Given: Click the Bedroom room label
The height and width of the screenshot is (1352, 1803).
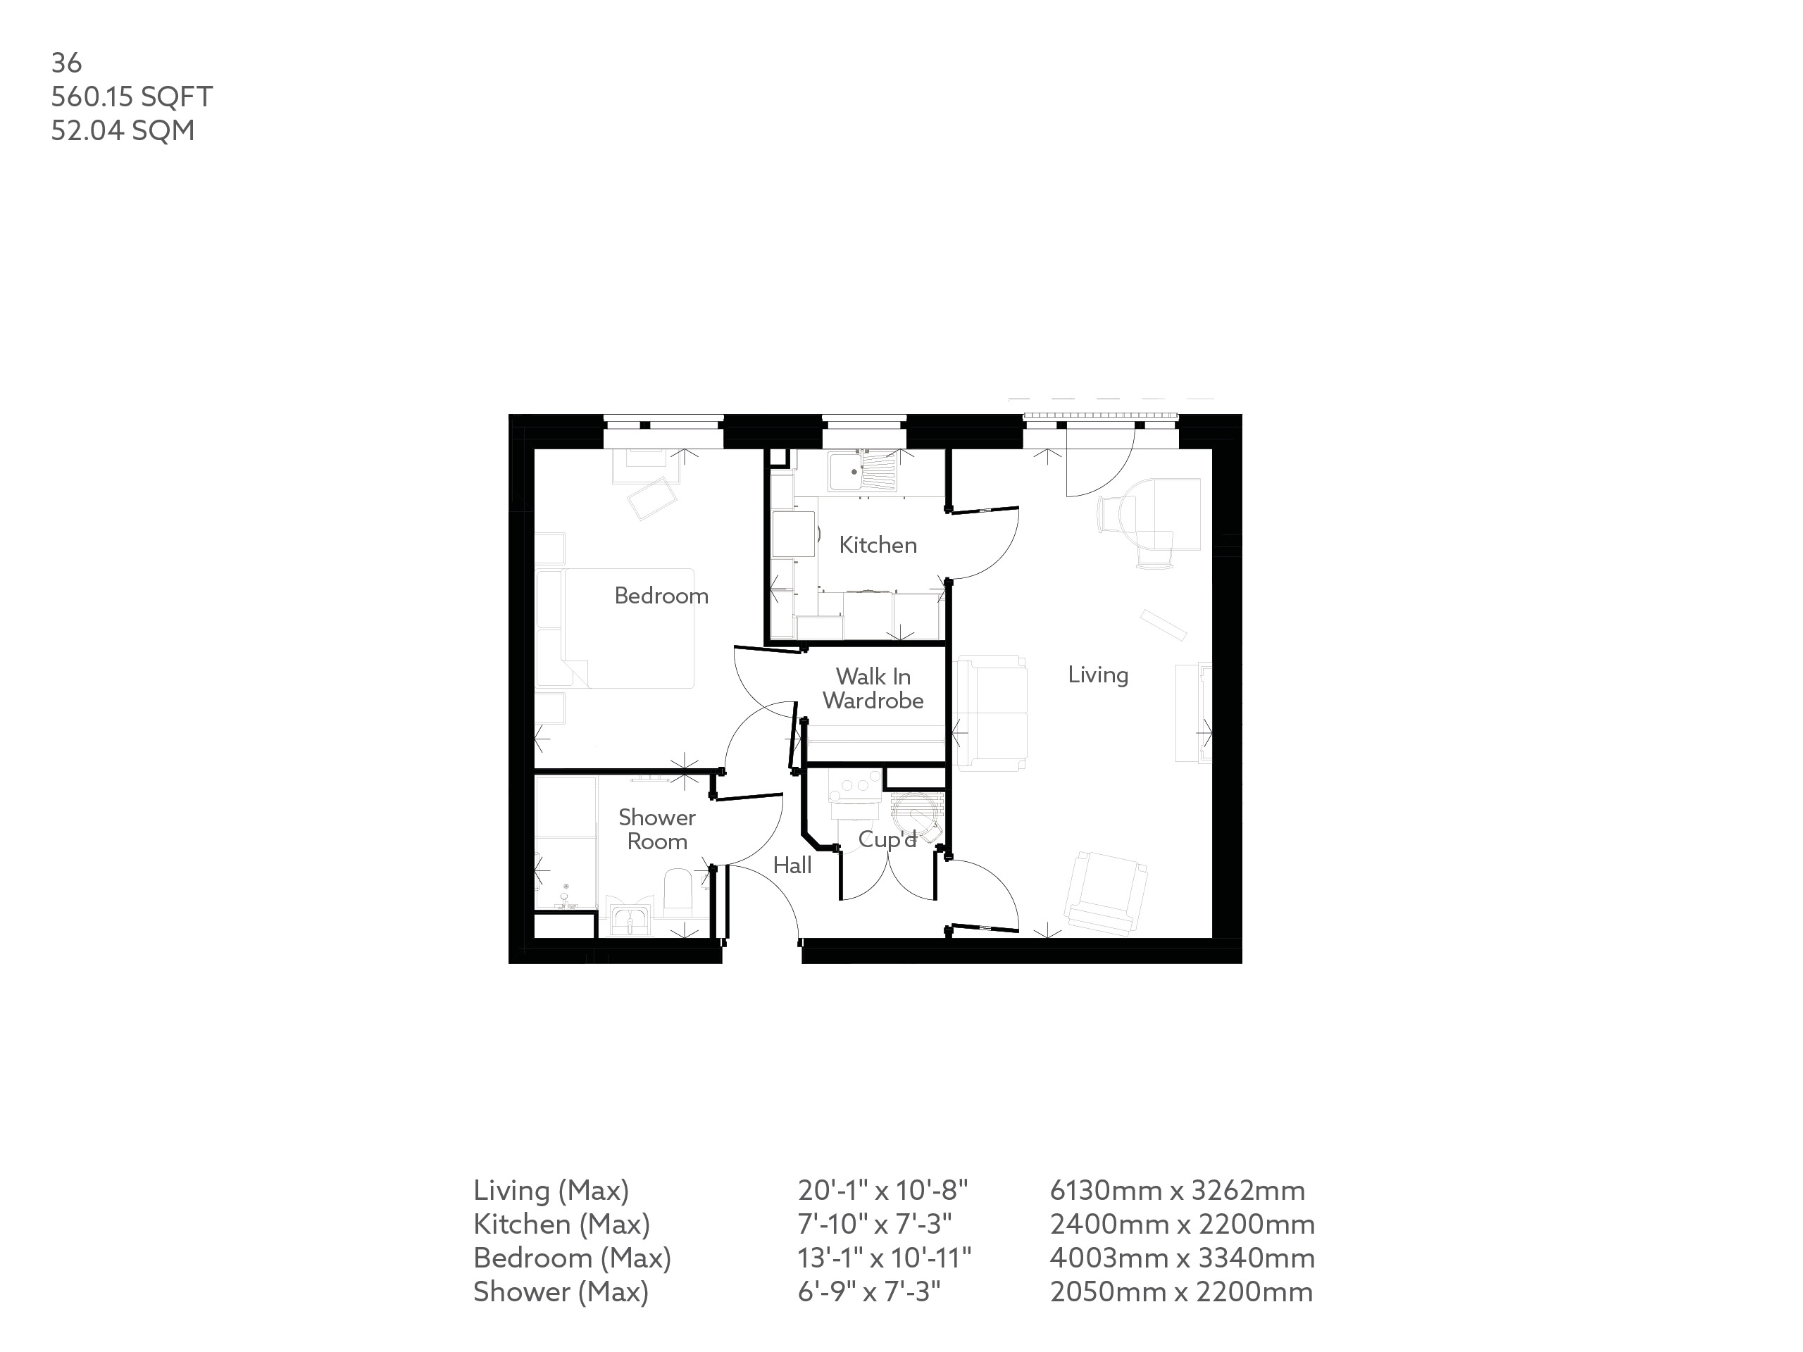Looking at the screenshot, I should click(x=661, y=596).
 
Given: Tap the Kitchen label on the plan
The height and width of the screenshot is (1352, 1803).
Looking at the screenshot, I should click(x=878, y=544).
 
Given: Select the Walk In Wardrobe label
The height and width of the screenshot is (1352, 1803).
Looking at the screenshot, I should click(x=873, y=688).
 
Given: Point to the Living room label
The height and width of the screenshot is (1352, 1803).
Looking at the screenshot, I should click(x=1098, y=675).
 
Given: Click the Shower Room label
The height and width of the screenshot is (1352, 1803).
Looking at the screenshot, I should click(x=657, y=829).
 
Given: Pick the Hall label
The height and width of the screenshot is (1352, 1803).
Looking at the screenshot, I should click(x=792, y=865).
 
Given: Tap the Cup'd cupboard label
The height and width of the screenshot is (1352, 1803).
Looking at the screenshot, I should click(x=887, y=839).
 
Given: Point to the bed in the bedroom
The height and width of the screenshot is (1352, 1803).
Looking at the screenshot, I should click(x=628, y=627).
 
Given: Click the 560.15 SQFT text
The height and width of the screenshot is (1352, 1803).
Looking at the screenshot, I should click(x=132, y=96).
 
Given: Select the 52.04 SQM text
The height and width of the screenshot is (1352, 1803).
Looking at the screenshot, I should click(x=123, y=130).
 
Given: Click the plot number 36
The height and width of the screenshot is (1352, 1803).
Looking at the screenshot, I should click(x=66, y=63).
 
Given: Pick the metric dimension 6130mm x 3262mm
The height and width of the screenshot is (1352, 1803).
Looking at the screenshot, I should click(x=1177, y=1191).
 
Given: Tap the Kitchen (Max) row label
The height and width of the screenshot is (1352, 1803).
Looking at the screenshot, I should click(x=561, y=1224).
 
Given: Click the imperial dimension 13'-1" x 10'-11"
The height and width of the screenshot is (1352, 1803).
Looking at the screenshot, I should click(x=885, y=1258).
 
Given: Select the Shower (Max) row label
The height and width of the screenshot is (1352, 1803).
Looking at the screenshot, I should click(x=561, y=1291).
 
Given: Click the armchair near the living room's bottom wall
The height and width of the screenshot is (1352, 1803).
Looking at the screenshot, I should click(x=1105, y=893).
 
